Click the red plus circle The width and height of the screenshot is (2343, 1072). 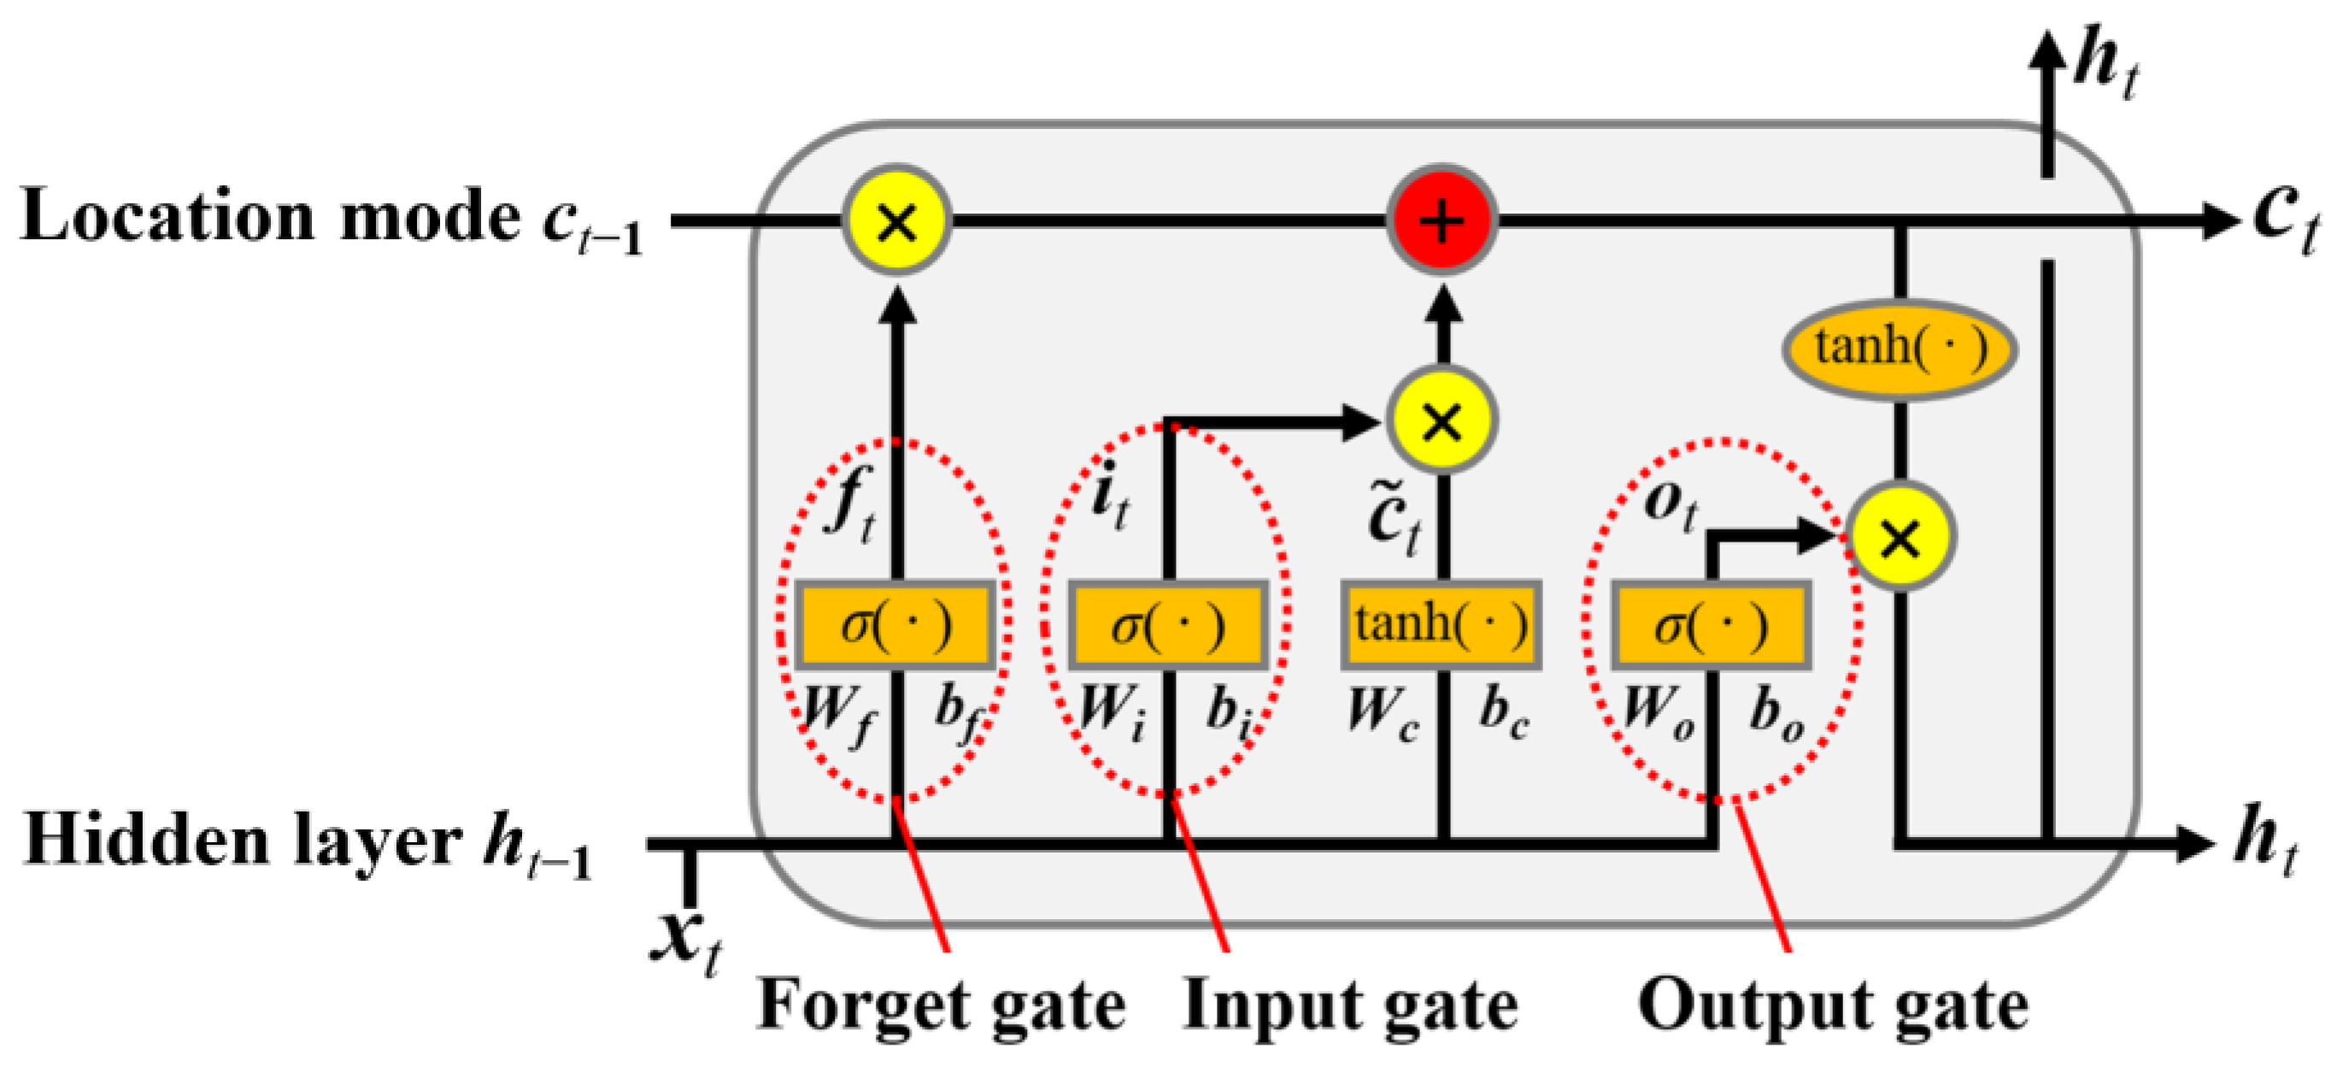[1442, 221]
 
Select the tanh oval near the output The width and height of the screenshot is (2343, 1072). [1900, 349]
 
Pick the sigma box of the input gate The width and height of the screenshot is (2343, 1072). [1168, 625]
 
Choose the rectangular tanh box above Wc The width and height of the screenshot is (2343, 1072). [1442, 625]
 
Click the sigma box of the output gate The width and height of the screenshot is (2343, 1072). [1712, 625]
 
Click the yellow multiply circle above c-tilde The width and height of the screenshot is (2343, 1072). [1442, 420]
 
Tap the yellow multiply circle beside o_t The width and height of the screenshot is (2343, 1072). [1900, 537]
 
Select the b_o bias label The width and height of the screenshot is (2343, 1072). [1776, 714]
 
